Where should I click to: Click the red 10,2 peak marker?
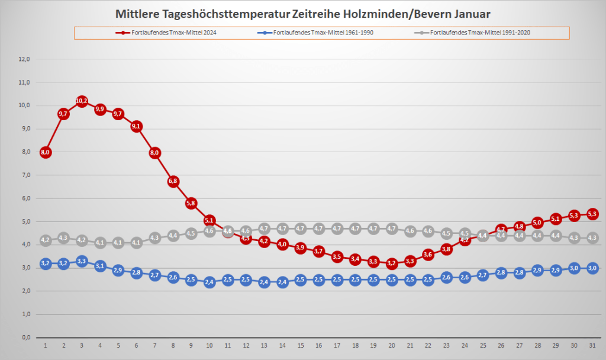point(82,101)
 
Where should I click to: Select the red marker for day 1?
point(46,152)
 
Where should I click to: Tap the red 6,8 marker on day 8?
point(173,181)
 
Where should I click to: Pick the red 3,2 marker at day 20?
point(391,263)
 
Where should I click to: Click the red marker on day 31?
point(592,214)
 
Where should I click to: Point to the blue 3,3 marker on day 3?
point(82,261)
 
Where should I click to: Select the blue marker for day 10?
point(209,282)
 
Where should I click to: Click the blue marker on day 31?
point(592,268)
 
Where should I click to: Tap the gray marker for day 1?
point(46,240)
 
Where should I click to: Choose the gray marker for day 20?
point(391,229)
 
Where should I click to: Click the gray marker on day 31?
point(592,237)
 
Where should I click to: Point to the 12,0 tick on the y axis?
point(25,59)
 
